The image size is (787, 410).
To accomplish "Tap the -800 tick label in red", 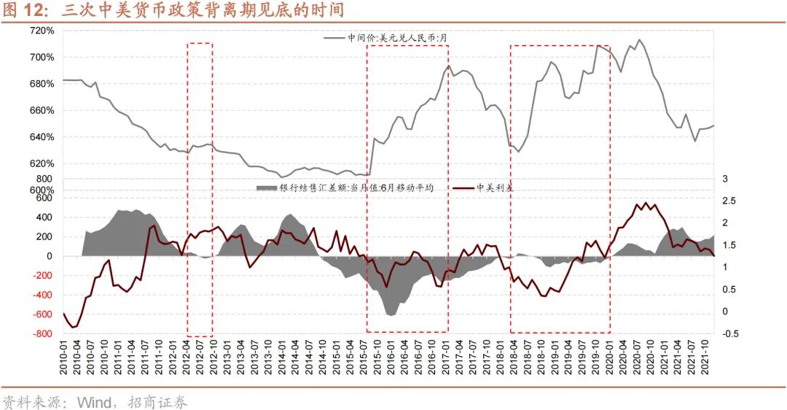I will click(42, 334).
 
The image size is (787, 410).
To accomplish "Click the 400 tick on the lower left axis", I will click(45, 217).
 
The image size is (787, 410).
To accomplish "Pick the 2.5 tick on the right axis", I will click(729, 201).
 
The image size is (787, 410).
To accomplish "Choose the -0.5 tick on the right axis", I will click(731, 334).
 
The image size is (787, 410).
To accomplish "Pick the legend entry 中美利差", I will click(495, 187).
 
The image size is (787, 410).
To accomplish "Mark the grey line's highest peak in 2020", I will click(639, 39).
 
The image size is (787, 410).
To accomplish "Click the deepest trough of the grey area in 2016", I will click(391, 315).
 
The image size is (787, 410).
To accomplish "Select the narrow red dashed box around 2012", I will click(200, 188).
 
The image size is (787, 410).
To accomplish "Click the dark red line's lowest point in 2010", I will click(72, 328).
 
